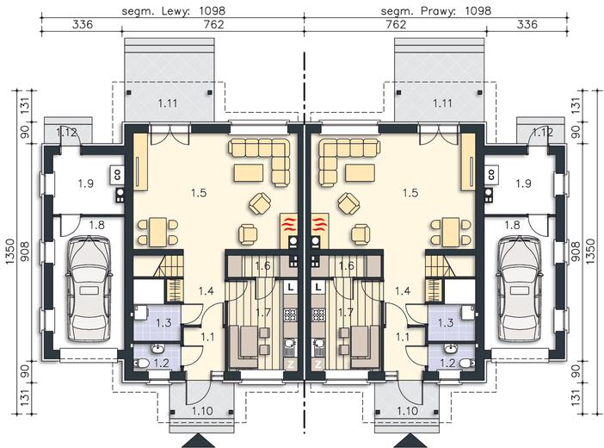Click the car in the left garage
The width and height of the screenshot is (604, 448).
[89, 289]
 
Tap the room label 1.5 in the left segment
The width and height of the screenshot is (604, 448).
[199, 192]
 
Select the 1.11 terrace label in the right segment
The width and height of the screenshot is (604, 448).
[442, 103]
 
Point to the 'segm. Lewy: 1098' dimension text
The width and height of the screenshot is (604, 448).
[173, 11]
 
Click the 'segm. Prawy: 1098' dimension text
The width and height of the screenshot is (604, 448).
[436, 11]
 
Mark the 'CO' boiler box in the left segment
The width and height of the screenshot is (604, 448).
[117, 174]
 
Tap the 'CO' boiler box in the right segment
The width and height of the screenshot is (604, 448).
[490, 174]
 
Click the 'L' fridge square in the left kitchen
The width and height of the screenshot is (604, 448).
[291, 287]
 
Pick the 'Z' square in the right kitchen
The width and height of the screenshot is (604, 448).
[318, 364]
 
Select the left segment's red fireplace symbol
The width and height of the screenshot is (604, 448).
[289, 223]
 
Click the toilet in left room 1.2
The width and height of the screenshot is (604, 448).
[140, 363]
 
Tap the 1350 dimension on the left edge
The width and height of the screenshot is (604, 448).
[10, 252]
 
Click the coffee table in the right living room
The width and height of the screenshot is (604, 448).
[361, 173]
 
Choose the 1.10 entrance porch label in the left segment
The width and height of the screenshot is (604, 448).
[202, 411]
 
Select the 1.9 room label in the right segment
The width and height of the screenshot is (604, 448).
[523, 183]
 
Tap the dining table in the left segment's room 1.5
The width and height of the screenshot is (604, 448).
[158, 232]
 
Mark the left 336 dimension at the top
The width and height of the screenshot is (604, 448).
[83, 24]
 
